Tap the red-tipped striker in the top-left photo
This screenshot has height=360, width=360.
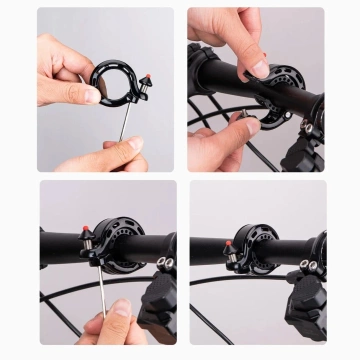(146, 78)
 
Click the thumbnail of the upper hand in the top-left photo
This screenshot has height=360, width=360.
(92, 95)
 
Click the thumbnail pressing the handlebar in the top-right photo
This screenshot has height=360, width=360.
(258, 68)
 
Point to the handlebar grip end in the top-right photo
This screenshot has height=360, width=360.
(205, 65)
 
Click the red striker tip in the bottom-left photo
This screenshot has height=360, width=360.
(86, 232)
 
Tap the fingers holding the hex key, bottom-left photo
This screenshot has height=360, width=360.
(115, 325)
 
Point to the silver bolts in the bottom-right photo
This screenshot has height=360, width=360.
(305, 265)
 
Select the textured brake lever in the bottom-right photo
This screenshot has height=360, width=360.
(305, 305)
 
